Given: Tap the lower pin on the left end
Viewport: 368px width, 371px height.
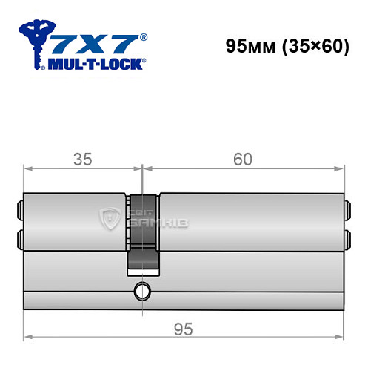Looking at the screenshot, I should (19, 237).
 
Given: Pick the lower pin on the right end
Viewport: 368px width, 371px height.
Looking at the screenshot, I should (347, 237).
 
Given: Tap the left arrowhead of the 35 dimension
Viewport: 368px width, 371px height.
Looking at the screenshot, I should (28, 168).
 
